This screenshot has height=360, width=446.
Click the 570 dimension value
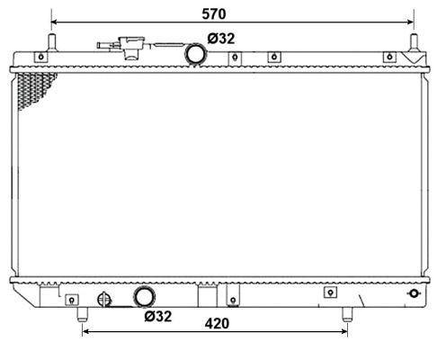(214, 13)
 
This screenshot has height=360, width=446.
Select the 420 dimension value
(217, 324)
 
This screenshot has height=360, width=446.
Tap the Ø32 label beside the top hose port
(221, 39)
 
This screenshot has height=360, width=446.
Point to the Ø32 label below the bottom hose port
(158, 316)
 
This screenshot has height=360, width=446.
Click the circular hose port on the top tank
(196, 54)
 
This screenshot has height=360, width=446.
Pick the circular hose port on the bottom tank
(144, 297)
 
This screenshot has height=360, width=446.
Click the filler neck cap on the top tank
(131, 48)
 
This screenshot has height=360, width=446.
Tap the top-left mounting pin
(52, 42)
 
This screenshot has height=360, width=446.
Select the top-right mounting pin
(414, 42)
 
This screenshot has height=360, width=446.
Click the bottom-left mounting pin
(82, 314)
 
